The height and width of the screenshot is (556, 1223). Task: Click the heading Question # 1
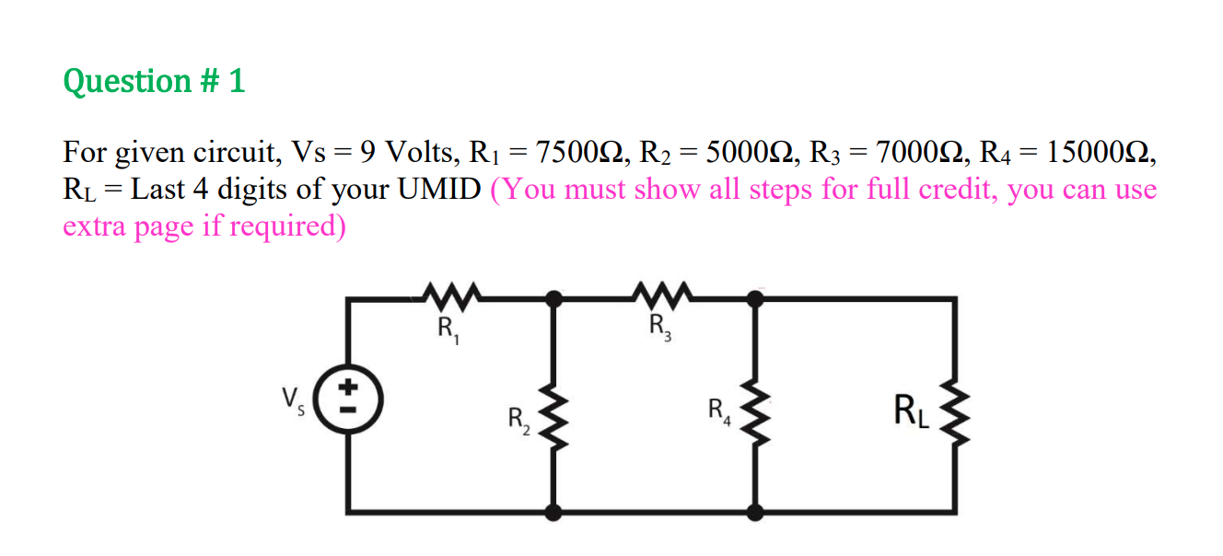154,81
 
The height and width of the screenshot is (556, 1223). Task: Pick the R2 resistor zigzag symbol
553,423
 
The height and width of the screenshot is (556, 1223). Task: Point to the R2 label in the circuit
518,423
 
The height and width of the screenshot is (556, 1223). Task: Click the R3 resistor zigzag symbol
659,295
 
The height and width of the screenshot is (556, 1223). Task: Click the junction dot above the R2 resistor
553,297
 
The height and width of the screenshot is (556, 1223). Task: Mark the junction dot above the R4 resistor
755,297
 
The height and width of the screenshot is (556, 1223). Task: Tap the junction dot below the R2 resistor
553,512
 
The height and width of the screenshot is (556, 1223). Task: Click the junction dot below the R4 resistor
755,512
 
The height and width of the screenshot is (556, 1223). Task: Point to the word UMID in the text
440,190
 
